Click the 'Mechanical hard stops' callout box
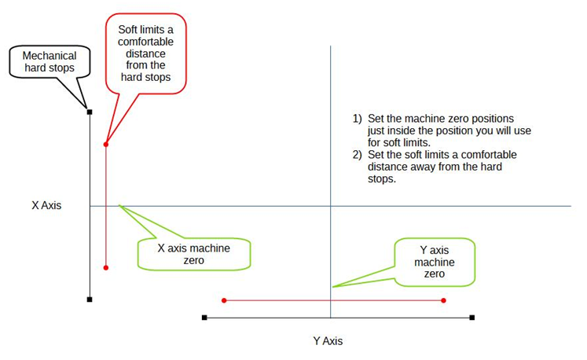point(50,62)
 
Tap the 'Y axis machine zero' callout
point(435,261)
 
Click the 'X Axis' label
point(46,206)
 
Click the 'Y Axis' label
point(328,341)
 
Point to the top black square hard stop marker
point(90,112)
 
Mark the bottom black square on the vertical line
point(90,299)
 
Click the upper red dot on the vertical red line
point(105,144)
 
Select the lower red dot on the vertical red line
point(105,268)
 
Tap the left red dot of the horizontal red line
point(224,300)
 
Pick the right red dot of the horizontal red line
point(444,300)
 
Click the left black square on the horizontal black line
point(204,318)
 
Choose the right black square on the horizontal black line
point(472,318)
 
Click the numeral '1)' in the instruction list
point(357,119)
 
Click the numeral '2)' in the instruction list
point(357,155)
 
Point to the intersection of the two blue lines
point(331,206)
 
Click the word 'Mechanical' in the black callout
point(50,56)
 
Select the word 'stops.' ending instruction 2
point(380,178)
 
